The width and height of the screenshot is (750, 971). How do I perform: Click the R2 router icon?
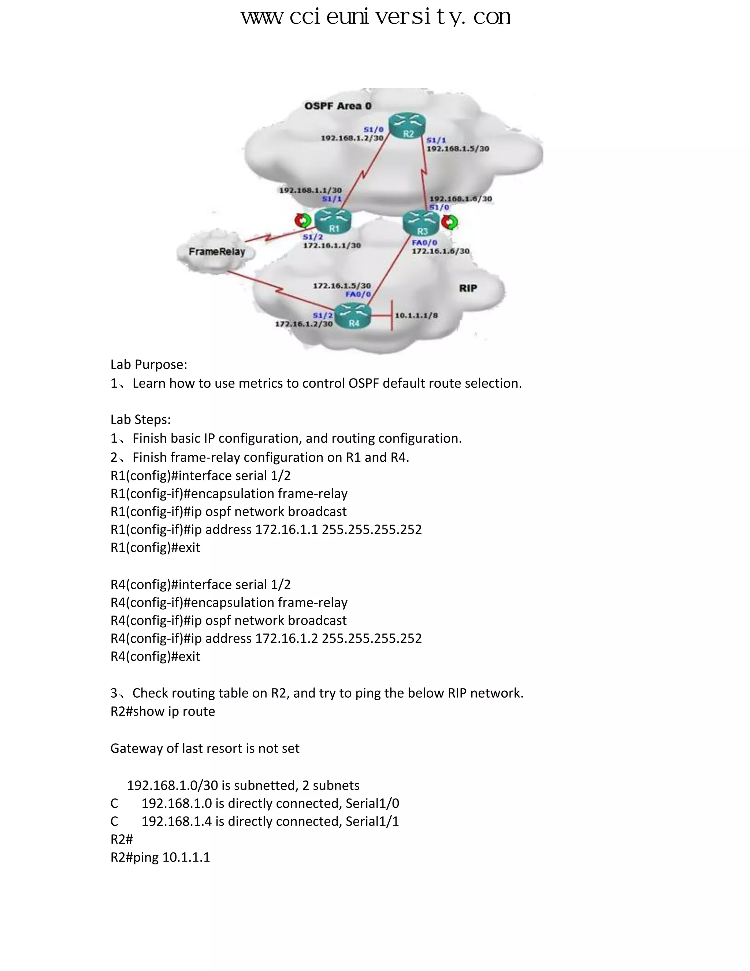[408, 127]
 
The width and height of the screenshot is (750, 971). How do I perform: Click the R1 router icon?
[333, 221]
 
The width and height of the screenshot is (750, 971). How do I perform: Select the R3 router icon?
[421, 223]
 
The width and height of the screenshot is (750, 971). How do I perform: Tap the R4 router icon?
[353, 315]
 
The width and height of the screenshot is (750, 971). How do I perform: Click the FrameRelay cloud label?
[217, 252]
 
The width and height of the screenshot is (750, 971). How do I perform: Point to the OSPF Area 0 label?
[338, 106]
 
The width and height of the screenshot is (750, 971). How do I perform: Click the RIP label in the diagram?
[468, 288]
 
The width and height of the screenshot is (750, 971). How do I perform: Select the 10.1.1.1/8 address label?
[416, 315]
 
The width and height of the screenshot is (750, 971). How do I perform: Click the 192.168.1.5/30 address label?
[458, 148]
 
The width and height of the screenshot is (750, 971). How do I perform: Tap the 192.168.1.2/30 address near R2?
[352, 138]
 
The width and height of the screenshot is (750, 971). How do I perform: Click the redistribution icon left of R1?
[303, 220]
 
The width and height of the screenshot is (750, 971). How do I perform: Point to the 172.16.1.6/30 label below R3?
[440, 251]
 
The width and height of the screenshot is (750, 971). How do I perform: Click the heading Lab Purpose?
[149, 365]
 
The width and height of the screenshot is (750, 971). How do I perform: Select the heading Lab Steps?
[140, 419]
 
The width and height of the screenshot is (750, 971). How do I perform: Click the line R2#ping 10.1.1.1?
[160, 857]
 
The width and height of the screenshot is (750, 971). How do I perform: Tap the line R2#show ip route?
[163, 711]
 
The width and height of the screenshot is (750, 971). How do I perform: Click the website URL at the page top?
[375, 17]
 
